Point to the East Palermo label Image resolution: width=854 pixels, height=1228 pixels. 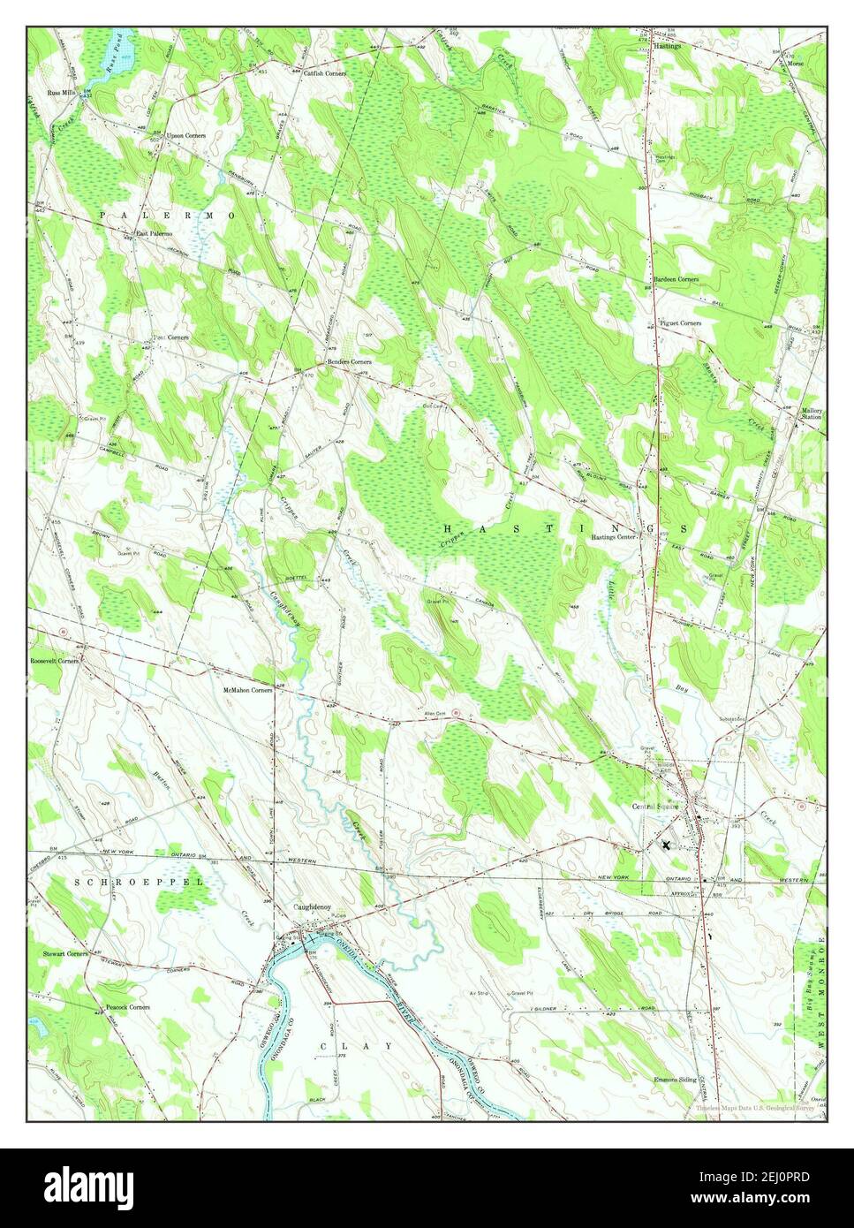(153, 233)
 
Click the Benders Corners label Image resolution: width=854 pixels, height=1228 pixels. (349, 362)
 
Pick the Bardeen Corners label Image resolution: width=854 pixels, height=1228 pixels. (676, 279)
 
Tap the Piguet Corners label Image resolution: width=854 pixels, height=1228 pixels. (680, 323)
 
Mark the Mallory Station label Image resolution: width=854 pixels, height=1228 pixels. (811, 413)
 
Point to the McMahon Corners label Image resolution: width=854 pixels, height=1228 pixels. (247, 689)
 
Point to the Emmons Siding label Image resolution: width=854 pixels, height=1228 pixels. (676, 1080)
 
